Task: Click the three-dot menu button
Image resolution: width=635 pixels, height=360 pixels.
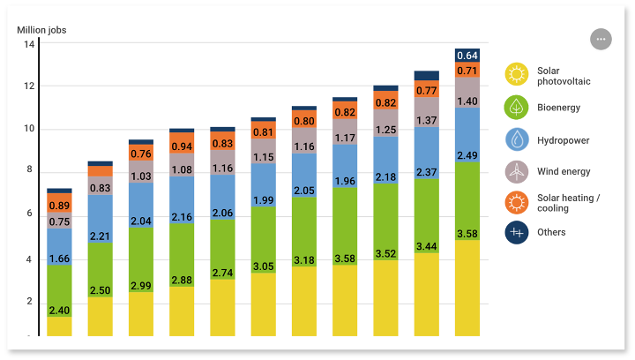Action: (601, 40)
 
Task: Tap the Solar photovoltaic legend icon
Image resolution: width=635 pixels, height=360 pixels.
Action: (517, 75)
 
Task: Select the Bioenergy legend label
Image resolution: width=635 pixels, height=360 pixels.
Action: (564, 108)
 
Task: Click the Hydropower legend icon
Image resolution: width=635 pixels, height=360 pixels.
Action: (517, 139)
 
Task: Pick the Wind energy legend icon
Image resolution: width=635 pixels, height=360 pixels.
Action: (517, 171)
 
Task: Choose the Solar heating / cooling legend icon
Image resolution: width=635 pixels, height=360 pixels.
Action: (517, 203)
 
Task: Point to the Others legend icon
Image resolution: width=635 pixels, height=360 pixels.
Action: (517, 232)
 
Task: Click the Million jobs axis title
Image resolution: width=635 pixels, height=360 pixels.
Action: (41, 30)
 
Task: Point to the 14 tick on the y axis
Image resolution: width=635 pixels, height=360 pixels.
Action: (28, 44)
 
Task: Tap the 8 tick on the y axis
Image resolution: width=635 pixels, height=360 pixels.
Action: (28, 169)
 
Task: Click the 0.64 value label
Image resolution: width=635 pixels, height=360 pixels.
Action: (467, 55)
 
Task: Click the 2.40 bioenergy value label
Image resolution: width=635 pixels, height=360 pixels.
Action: (59, 311)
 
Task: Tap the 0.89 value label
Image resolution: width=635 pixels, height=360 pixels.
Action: (59, 206)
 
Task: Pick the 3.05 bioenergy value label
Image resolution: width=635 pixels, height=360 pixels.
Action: (264, 266)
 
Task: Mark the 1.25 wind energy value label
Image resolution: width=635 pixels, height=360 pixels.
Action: (385, 130)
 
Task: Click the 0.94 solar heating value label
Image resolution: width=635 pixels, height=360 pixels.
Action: (182, 146)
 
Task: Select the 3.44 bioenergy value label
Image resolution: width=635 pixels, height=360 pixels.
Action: (426, 246)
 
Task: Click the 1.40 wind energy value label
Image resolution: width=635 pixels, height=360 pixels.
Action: (467, 101)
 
